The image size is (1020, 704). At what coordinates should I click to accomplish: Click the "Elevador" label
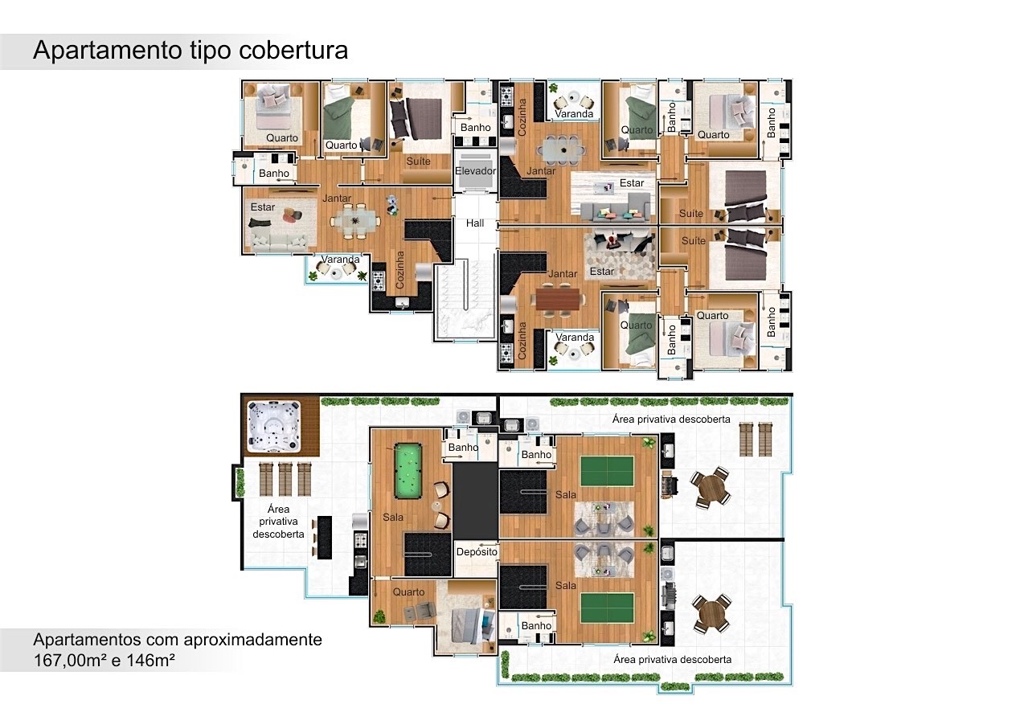(475, 170)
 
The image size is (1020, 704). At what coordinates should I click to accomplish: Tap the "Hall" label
(475, 223)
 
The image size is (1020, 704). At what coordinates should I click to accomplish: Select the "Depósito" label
(477, 552)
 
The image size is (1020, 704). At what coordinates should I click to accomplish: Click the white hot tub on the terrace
(273, 426)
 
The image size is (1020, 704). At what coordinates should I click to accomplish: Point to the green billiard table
(408, 471)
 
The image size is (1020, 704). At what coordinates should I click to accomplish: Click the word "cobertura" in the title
(293, 50)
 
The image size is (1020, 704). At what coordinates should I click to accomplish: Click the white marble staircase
(465, 299)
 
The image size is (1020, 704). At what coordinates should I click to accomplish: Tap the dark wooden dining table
(559, 300)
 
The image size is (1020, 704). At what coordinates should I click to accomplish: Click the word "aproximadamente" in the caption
(252, 641)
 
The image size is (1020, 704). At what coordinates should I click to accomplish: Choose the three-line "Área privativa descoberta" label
(278, 522)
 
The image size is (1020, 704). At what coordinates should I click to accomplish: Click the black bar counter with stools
(324, 538)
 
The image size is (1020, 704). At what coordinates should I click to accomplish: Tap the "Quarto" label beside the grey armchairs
(408, 592)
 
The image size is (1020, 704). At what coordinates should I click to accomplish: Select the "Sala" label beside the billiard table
(393, 518)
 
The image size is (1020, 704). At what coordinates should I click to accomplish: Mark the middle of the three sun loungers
(285, 479)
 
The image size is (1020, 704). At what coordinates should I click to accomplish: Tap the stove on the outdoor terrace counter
(361, 540)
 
